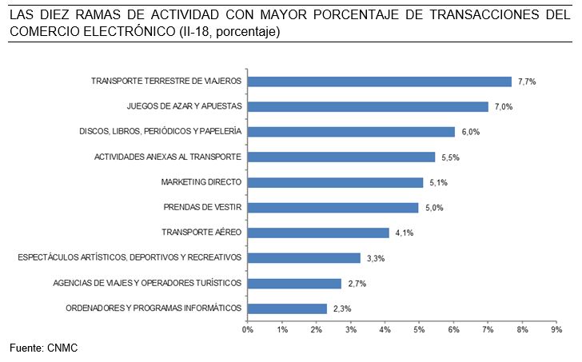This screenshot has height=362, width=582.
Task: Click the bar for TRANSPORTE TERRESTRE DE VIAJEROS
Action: click(x=380, y=82)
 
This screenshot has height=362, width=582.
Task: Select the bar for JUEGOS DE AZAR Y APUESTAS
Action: click(x=368, y=106)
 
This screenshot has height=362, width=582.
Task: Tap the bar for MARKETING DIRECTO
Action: click(x=335, y=182)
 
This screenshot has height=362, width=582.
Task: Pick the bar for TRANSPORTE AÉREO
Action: click(x=318, y=233)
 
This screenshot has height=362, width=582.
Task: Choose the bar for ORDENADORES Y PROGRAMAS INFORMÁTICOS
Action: click(x=287, y=308)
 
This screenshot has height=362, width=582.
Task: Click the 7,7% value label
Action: click(x=526, y=82)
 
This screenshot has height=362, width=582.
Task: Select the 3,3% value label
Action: click(x=376, y=258)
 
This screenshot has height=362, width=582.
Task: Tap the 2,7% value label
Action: click(x=356, y=283)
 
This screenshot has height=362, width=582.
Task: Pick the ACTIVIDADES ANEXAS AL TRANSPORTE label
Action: click(x=168, y=157)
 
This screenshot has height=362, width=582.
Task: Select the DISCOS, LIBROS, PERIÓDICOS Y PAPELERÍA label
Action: click(x=160, y=132)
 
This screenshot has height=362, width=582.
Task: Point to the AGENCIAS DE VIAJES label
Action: click(x=147, y=283)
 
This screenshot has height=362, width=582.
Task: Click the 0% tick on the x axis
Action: click(x=248, y=329)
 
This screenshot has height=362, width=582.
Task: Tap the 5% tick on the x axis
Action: click(x=420, y=329)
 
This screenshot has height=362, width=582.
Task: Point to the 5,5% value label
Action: click(x=450, y=157)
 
